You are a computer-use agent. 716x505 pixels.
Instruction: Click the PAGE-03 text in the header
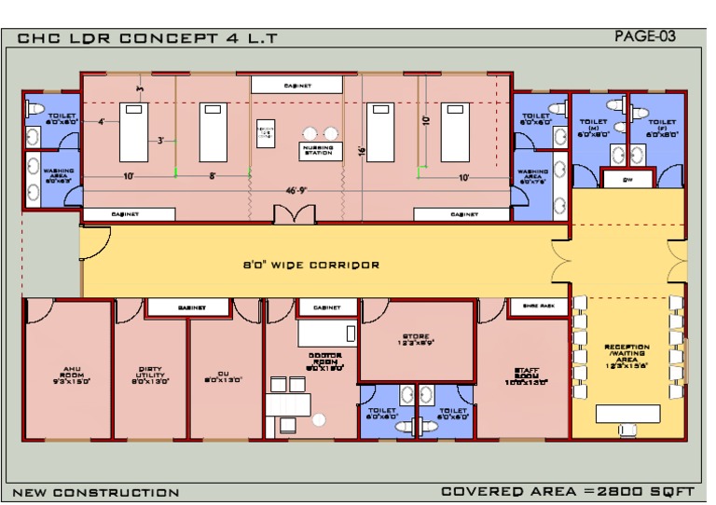tap(645, 36)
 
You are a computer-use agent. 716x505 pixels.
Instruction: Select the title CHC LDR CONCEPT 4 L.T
tap(147, 39)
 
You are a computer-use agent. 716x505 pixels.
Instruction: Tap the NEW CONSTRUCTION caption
tap(96, 492)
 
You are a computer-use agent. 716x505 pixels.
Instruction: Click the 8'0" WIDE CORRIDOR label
tap(305, 265)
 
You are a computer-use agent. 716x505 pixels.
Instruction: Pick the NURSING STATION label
tap(317, 149)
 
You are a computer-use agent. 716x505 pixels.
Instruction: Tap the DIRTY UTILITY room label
tap(150, 375)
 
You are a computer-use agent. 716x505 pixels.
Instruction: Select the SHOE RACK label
tap(539, 306)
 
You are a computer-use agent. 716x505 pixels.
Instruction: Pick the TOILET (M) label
tap(594, 128)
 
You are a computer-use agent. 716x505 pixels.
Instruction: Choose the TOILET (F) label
tap(662, 128)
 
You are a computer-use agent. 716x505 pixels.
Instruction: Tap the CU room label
tap(225, 379)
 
